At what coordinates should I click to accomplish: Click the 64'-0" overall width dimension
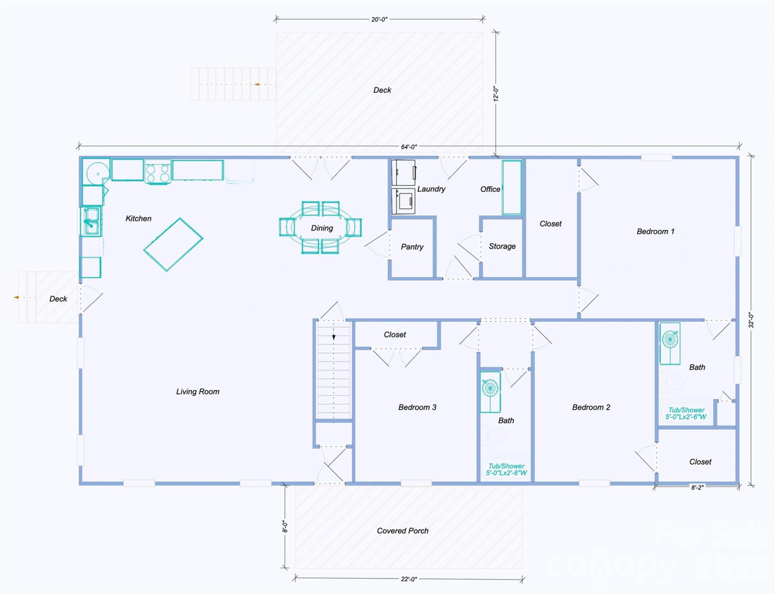pyautogui.click(x=409, y=147)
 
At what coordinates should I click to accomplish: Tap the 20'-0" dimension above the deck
pyautogui.click(x=379, y=19)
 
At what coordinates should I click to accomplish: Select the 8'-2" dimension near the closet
pyautogui.click(x=697, y=488)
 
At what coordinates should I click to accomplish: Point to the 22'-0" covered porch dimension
pyautogui.click(x=409, y=579)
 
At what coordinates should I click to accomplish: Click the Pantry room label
pyautogui.click(x=412, y=247)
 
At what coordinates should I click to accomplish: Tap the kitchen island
pyautogui.click(x=173, y=245)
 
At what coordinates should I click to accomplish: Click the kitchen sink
pyautogui.click(x=91, y=221)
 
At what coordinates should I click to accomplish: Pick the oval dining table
pyautogui.click(x=321, y=228)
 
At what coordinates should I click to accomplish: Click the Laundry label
pyautogui.click(x=431, y=189)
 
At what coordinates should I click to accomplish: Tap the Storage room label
pyautogui.click(x=502, y=246)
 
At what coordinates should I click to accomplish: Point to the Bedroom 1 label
pyautogui.click(x=655, y=231)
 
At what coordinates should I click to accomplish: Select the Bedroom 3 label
pyautogui.click(x=417, y=407)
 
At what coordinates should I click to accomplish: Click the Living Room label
pyautogui.click(x=198, y=392)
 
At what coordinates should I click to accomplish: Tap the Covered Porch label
pyautogui.click(x=402, y=531)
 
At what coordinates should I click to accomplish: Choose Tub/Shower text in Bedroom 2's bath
pyautogui.click(x=686, y=413)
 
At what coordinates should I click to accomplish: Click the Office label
pyautogui.click(x=490, y=189)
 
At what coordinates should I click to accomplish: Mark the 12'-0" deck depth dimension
pyautogui.click(x=496, y=94)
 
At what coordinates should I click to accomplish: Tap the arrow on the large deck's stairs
pyautogui.click(x=257, y=84)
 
